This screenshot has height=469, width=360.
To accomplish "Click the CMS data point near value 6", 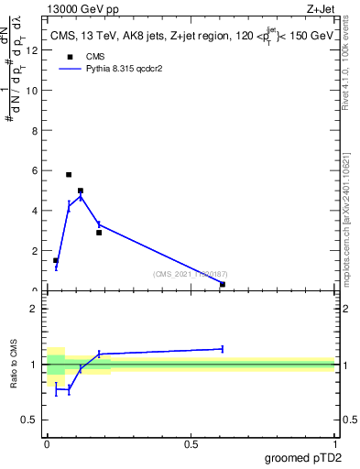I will (x=69, y=174).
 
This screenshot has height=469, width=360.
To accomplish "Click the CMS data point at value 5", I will (x=81, y=191).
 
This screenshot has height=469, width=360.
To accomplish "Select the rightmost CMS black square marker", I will (x=223, y=284).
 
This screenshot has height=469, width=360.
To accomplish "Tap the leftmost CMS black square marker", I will (x=56, y=260).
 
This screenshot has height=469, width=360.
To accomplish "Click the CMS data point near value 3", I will (x=99, y=233).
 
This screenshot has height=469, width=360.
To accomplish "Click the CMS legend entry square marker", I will (x=69, y=56).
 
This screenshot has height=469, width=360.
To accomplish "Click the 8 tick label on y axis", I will (x=37, y=130).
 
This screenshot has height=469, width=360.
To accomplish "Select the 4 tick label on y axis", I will (x=37, y=211).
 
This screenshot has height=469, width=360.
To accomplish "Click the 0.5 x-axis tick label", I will (x=191, y=444).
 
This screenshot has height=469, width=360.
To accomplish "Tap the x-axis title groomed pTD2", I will (x=303, y=458).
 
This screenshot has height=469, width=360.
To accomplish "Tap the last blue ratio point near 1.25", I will (x=223, y=348).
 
